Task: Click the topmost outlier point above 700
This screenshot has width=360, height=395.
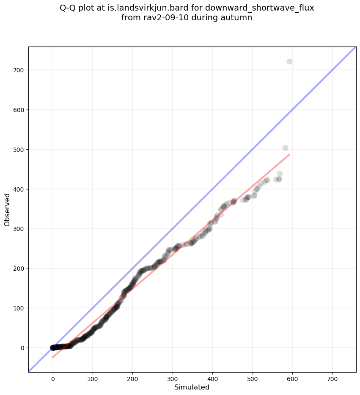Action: click(x=289, y=61)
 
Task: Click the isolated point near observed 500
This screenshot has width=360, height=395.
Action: click(x=285, y=148)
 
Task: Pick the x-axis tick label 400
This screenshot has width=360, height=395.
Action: click(x=213, y=376)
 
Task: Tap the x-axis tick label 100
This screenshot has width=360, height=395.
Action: click(x=93, y=376)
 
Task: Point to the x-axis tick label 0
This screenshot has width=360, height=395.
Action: click(x=53, y=376)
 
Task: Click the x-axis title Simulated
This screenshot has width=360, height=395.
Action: click(x=192, y=387)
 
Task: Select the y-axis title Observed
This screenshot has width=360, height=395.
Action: click(x=7, y=209)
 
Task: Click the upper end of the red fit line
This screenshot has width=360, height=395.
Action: click(x=289, y=154)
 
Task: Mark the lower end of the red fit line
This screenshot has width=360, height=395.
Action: click(x=53, y=357)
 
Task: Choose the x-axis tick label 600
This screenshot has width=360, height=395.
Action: click(x=293, y=376)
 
